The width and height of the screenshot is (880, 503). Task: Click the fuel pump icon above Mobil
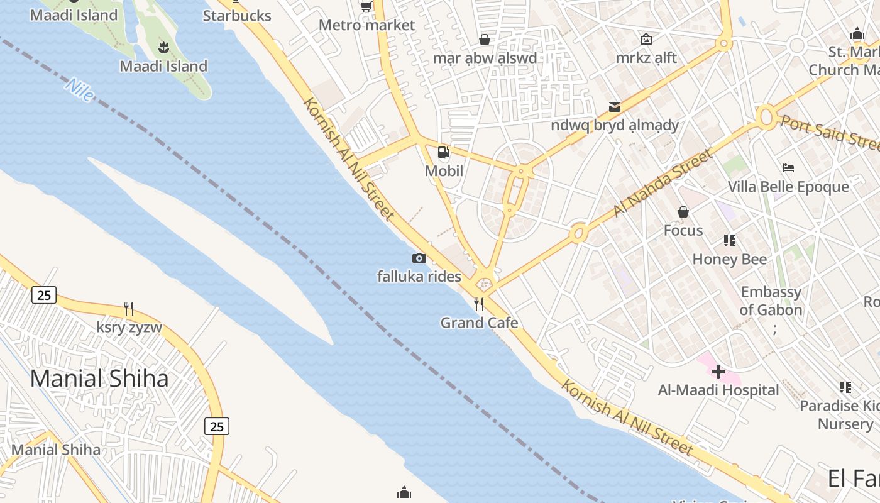(x=443, y=152)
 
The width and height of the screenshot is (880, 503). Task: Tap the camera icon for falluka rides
(x=419, y=258)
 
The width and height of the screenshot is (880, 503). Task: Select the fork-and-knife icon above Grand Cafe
(x=479, y=304)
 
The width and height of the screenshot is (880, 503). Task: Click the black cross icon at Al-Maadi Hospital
(x=718, y=372)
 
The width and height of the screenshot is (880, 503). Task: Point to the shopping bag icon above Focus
(x=683, y=213)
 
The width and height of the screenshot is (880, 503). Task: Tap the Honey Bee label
(x=729, y=259)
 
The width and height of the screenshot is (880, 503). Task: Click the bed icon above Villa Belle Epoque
(x=788, y=168)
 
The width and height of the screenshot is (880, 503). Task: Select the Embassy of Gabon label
(x=771, y=301)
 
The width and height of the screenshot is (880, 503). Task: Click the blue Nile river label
(x=79, y=90)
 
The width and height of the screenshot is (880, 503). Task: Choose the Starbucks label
(x=237, y=16)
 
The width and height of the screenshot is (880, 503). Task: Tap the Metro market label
(x=367, y=25)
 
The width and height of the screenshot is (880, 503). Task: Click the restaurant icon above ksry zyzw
(x=129, y=308)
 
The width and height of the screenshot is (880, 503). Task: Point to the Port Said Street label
(x=829, y=131)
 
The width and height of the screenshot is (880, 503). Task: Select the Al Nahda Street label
(x=663, y=182)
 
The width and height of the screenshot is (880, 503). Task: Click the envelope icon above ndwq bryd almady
(x=614, y=107)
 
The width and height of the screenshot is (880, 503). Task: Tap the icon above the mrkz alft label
(x=646, y=39)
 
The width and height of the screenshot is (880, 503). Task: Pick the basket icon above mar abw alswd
(x=485, y=40)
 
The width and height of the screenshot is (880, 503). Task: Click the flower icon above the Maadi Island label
(x=163, y=47)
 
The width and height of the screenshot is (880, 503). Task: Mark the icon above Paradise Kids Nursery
(x=845, y=387)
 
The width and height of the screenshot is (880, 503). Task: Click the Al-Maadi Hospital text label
(x=718, y=390)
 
